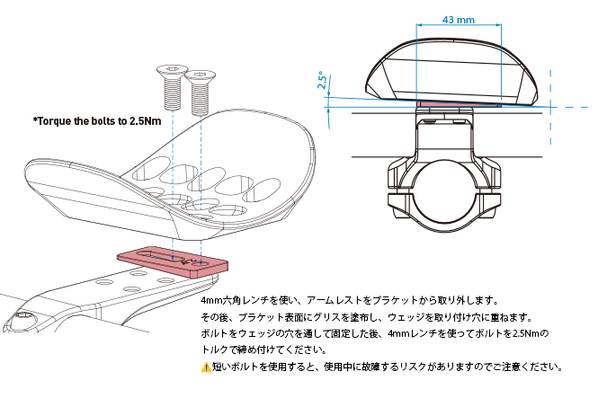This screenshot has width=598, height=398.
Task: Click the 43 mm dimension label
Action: (x=459, y=20)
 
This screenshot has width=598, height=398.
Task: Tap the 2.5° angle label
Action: (x=323, y=80)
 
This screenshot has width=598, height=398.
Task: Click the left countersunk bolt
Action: (x=172, y=86)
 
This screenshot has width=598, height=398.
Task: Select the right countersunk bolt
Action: (x=200, y=93)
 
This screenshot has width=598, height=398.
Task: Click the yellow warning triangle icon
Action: (x=206, y=367)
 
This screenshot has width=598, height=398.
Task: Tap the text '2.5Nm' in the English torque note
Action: (x=145, y=121)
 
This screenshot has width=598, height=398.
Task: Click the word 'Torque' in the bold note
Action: (x=52, y=121)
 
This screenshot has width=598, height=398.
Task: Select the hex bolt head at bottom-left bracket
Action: (x=23, y=317)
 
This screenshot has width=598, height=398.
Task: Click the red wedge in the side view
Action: (x=459, y=103)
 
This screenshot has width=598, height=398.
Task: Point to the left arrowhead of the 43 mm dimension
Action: (x=419, y=25)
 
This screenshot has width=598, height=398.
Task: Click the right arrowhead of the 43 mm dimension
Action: (x=498, y=25)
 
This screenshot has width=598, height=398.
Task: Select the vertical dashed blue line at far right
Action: (x=550, y=107)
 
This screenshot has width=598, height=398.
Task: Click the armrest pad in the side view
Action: (x=452, y=73)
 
